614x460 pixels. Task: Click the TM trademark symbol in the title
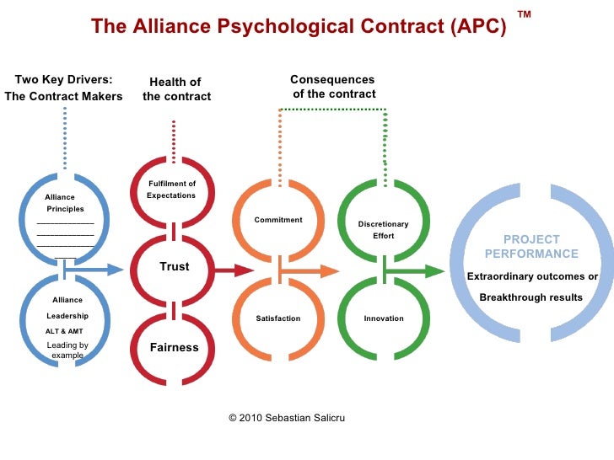(524, 15)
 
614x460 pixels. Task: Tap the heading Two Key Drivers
(64, 81)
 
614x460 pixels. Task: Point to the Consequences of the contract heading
(334, 86)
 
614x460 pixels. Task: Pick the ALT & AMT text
(64, 331)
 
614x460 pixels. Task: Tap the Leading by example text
(67, 350)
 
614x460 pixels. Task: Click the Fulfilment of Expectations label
(171, 190)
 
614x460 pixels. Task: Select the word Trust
(175, 267)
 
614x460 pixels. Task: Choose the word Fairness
(175, 347)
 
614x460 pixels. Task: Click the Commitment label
(278, 220)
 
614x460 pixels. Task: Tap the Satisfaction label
(278, 318)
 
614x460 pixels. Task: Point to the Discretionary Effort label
(383, 230)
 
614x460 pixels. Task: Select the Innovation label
(384, 318)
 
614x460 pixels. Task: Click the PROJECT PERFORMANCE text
(531, 247)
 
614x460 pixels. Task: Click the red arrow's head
(244, 270)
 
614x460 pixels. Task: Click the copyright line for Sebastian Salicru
(288, 418)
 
